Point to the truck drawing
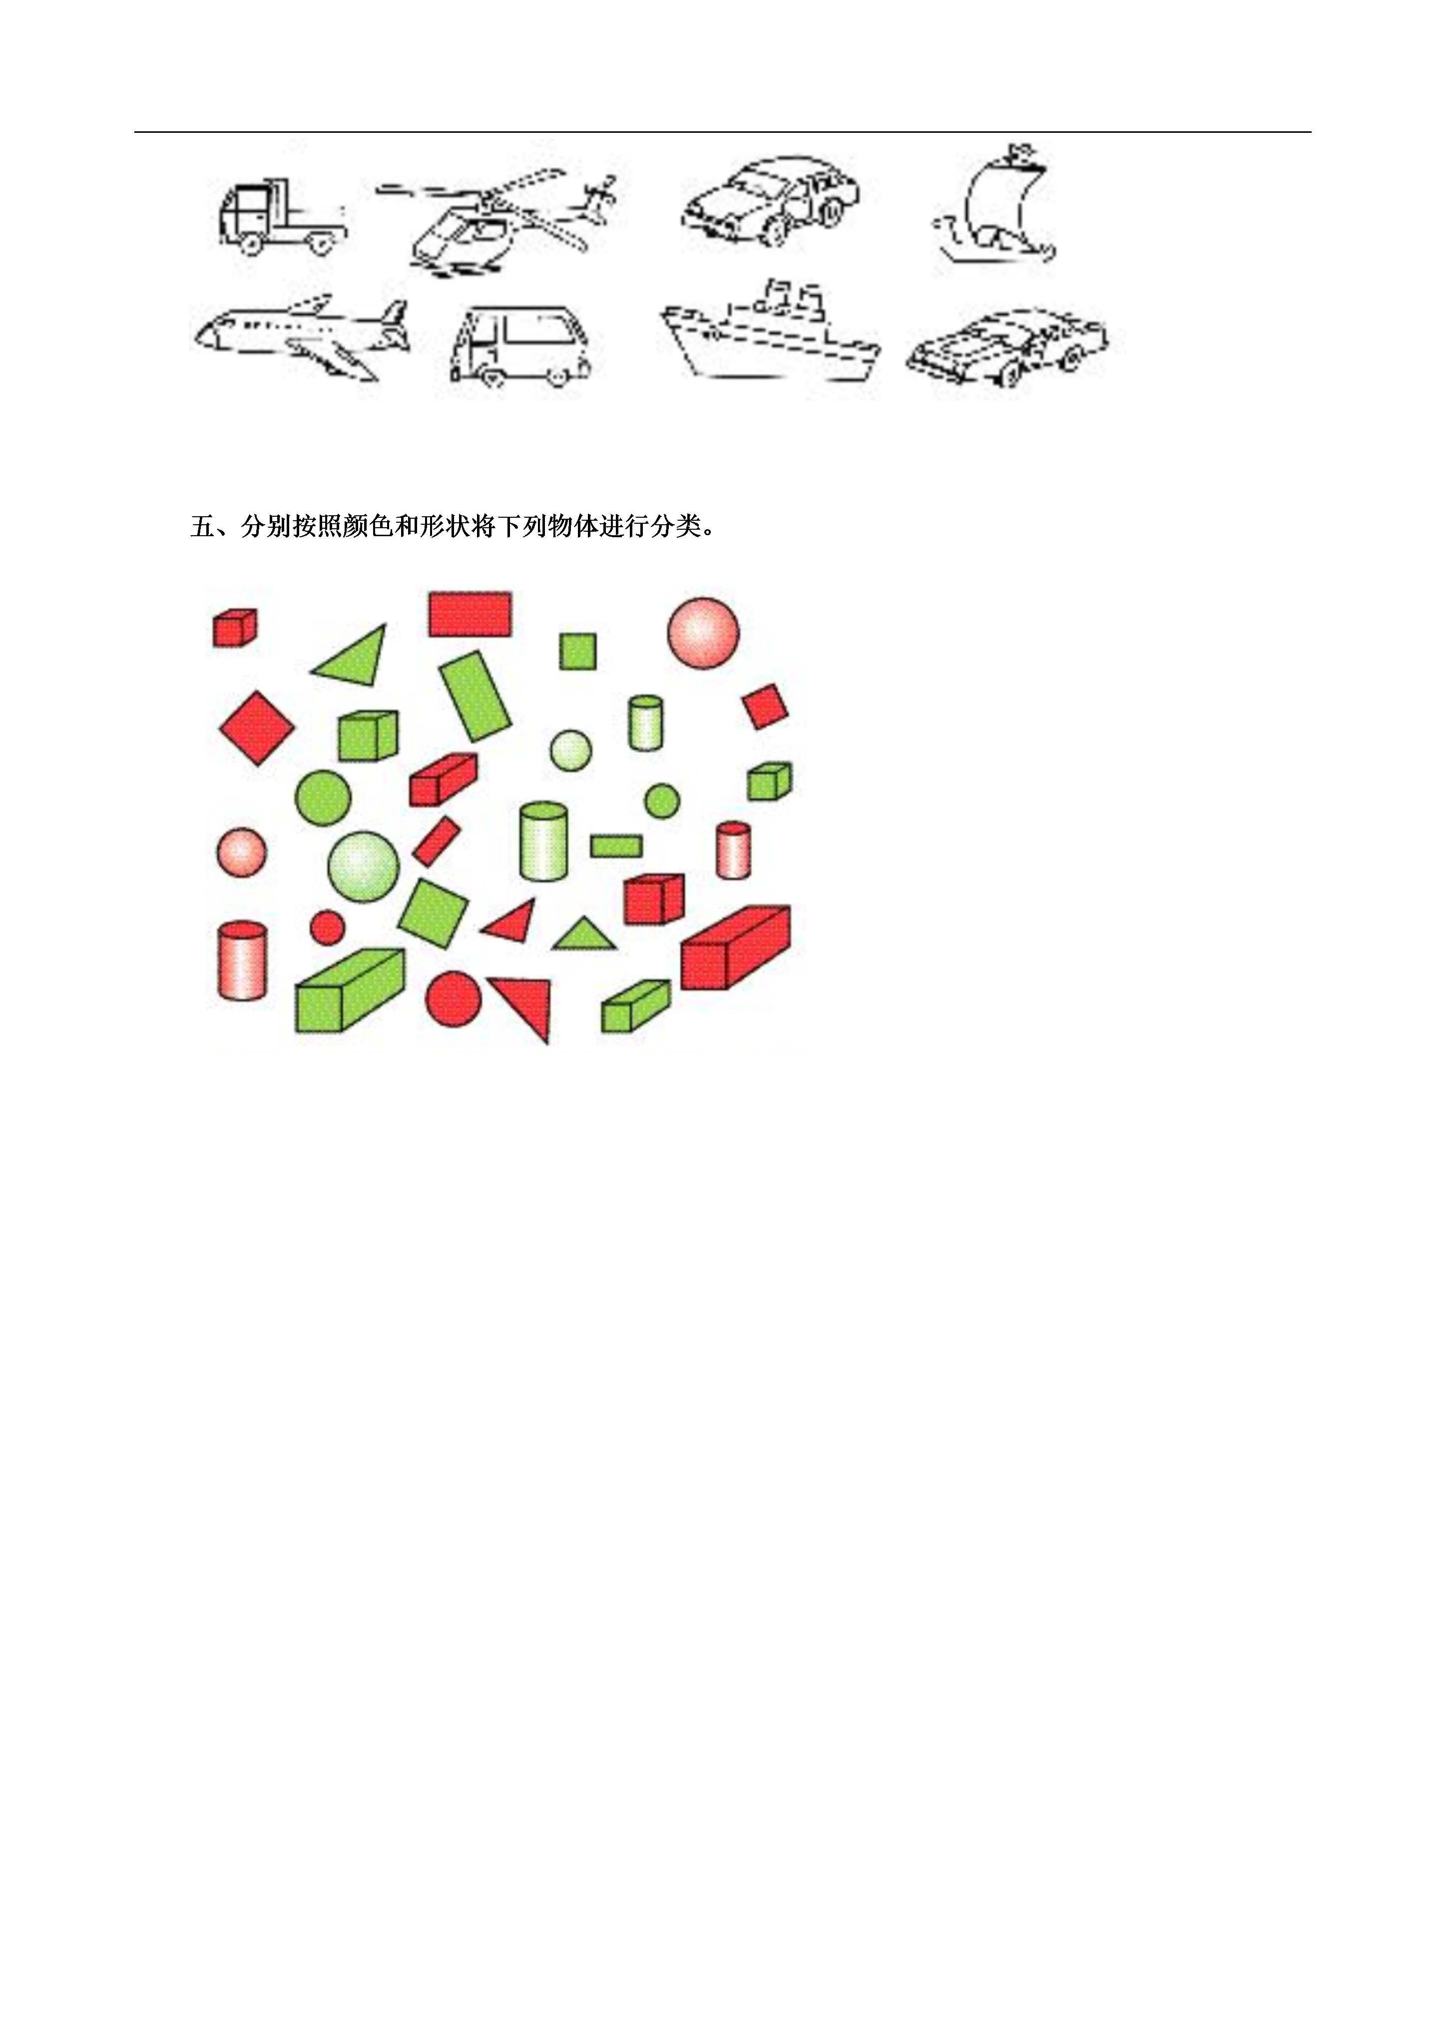pyautogui.click(x=281, y=216)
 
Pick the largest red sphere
pyautogui.click(x=703, y=633)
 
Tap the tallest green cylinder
pyautogui.click(x=543, y=841)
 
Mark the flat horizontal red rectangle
pyautogui.click(x=470, y=614)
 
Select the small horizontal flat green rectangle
pyautogui.click(x=616, y=846)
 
